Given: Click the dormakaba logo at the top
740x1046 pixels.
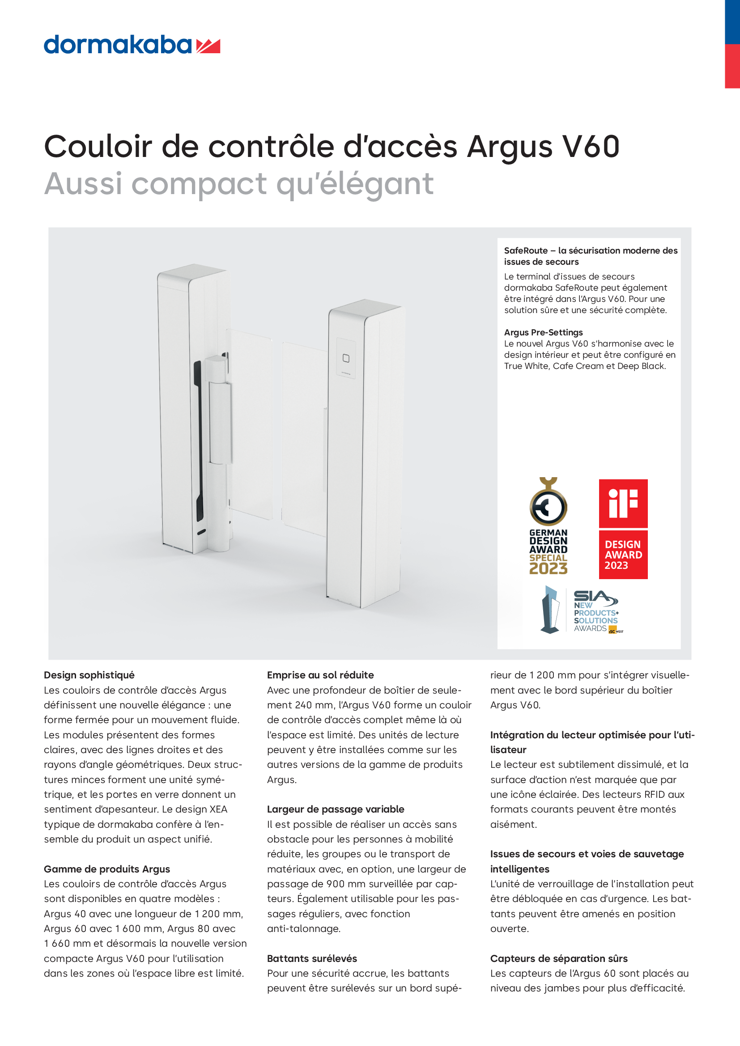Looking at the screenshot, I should pyautogui.click(x=131, y=45).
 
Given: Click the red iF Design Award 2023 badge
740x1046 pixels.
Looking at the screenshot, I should pyautogui.click(x=623, y=529).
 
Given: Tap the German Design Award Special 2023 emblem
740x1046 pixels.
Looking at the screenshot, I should pyautogui.click(x=548, y=526).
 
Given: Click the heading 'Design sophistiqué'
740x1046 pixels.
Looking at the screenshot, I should pyautogui.click(x=89, y=675).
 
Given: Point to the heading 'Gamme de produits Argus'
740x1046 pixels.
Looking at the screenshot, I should pyautogui.click(x=106, y=869).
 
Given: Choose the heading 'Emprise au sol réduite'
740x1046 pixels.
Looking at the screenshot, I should pyautogui.click(x=320, y=675).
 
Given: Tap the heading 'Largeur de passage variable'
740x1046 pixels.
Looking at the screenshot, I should pyautogui.click(x=336, y=809).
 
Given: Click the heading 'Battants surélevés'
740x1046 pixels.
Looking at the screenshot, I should pyautogui.click(x=312, y=958).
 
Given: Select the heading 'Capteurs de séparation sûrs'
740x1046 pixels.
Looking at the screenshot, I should pyautogui.click(x=559, y=958).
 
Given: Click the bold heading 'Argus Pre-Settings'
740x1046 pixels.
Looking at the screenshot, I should pyautogui.click(x=543, y=332).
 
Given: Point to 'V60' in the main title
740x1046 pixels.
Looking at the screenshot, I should pyautogui.click(x=591, y=147).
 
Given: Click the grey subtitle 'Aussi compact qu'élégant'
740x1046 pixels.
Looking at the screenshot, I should pyautogui.click(x=239, y=184).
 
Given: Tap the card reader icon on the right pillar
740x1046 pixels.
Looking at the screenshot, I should pyautogui.click(x=346, y=359).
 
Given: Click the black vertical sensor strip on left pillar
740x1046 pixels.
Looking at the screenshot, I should pyautogui.click(x=198, y=440).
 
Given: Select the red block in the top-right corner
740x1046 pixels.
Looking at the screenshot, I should pyautogui.click(x=732, y=66).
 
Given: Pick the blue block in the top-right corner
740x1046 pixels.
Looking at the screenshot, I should pyautogui.click(x=732, y=22).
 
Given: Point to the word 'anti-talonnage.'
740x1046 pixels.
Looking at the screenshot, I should pyautogui.click(x=303, y=928).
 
